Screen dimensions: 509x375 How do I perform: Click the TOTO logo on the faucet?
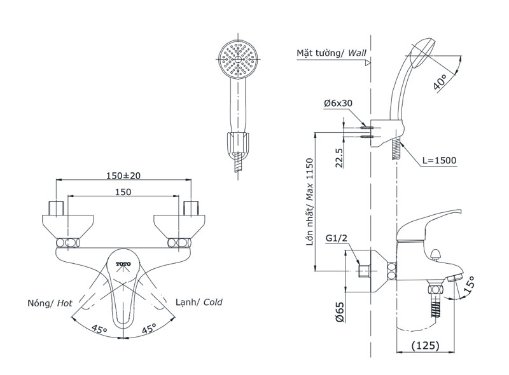(123, 264)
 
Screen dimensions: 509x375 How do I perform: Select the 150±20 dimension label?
(123, 175)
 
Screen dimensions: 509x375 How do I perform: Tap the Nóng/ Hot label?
(50, 303)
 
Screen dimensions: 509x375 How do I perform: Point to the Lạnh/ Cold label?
(199, 303)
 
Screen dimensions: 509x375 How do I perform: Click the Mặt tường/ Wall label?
(331, 53)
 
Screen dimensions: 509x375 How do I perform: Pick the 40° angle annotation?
(440, 81)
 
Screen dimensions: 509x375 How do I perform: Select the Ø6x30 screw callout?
(338, 104)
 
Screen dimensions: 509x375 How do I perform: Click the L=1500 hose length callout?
(439, 160)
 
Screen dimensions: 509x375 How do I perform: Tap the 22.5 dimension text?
(339, 158)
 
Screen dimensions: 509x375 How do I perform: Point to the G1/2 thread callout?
(337, 238)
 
